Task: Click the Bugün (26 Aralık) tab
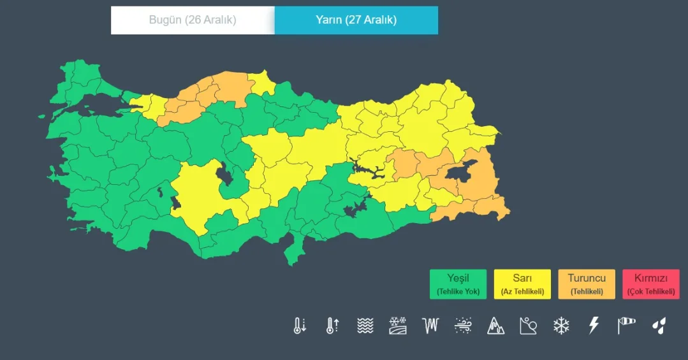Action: [x=193, y=20]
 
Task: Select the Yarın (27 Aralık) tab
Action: [x=356, y=20]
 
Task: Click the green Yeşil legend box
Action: [x=458, y=284]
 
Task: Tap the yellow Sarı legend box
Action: [x=522, y=284]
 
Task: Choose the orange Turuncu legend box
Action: [x=587, y=284]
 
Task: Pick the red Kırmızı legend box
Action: [x=650, y=284]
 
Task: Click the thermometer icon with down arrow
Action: [x=300, y=326]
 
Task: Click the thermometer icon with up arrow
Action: [x=332, y=326]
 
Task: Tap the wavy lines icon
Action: [x=365, y=326]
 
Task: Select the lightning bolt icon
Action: [x=594, y=326]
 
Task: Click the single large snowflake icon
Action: [x=561, y=326]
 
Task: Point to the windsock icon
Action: [x=626, y=326]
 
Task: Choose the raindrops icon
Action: [x=659, y=326]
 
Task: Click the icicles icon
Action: [x=431, y=326]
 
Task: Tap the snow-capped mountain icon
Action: [x=496, y=326]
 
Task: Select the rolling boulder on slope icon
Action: [x=528, y=326]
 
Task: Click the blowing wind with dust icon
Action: [x=463, y=326]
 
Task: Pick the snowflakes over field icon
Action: [x=398, y=326]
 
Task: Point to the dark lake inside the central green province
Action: [x=225, y=173]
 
